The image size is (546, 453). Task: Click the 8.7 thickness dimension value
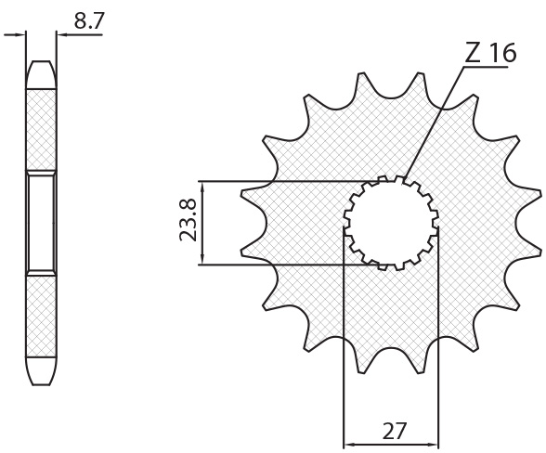pos(89,20)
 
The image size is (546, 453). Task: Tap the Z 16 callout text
pos(490,54)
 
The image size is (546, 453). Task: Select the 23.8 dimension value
pos(188,220)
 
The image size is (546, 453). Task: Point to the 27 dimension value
pos(394,431)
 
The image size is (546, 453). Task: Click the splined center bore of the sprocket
pos(391,223)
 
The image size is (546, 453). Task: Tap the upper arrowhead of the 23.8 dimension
pos(202,187)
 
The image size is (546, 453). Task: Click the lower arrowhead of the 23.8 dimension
pos(202,260)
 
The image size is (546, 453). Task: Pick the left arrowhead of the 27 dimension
pos(349,445)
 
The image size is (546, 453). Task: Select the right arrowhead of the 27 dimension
pos(433,445)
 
